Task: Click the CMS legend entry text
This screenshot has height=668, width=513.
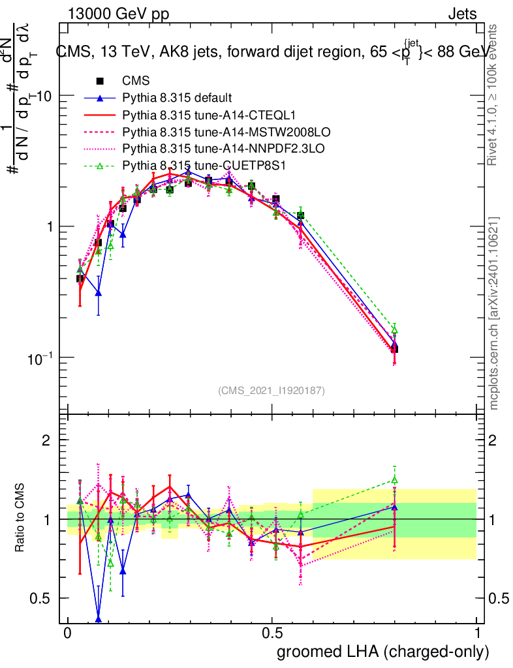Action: (x=136, y=82)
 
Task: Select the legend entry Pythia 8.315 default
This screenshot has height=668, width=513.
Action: (x=177, y=99)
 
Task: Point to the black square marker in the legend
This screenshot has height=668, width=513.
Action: (x=100, y=82)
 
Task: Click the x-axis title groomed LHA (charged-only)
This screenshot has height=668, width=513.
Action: (x=383, y=651)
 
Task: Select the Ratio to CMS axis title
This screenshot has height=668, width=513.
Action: (x=21, y=519)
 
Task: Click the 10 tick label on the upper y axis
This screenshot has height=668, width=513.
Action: (x=44, y=95)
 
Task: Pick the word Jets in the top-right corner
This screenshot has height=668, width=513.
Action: (x=463, y=14)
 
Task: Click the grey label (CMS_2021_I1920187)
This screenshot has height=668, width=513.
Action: (x=272, y=391)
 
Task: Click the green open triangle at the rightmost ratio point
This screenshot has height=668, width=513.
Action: (x=394, y=479)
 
